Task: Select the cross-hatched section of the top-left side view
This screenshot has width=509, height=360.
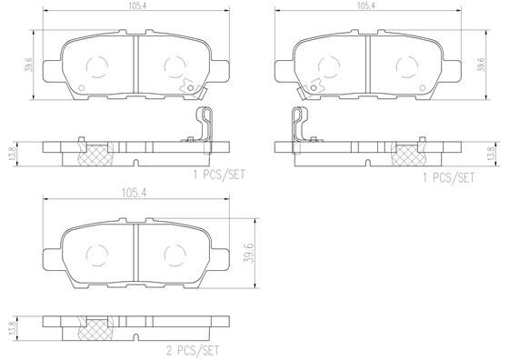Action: point(95,155)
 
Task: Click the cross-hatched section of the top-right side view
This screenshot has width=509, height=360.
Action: point(407,155)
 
